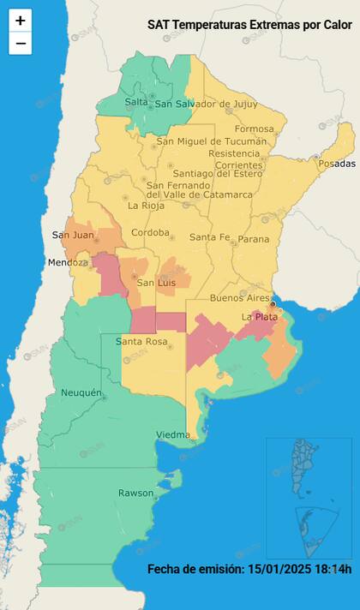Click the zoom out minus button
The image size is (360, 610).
(x=21, y=44)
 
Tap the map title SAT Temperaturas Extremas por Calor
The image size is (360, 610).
(x=249, y=26)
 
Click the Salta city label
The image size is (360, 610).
(x=136, y=102)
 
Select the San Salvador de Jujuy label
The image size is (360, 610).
(x=206, y=104)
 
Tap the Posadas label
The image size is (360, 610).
(x=335, y=163)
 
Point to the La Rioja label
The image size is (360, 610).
(x=146, y=206)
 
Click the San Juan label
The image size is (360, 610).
(x=73, y=235)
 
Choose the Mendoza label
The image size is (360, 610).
(x=69, y=262)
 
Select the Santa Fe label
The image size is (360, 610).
(x=210, y=237)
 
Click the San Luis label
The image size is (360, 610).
(x=157, y=283)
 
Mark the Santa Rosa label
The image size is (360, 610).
(x=141, y=342)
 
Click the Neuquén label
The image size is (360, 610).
(x=83, y=393)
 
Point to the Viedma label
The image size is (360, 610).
(x=173, y=435)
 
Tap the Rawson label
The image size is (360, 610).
(x=136, y=493)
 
